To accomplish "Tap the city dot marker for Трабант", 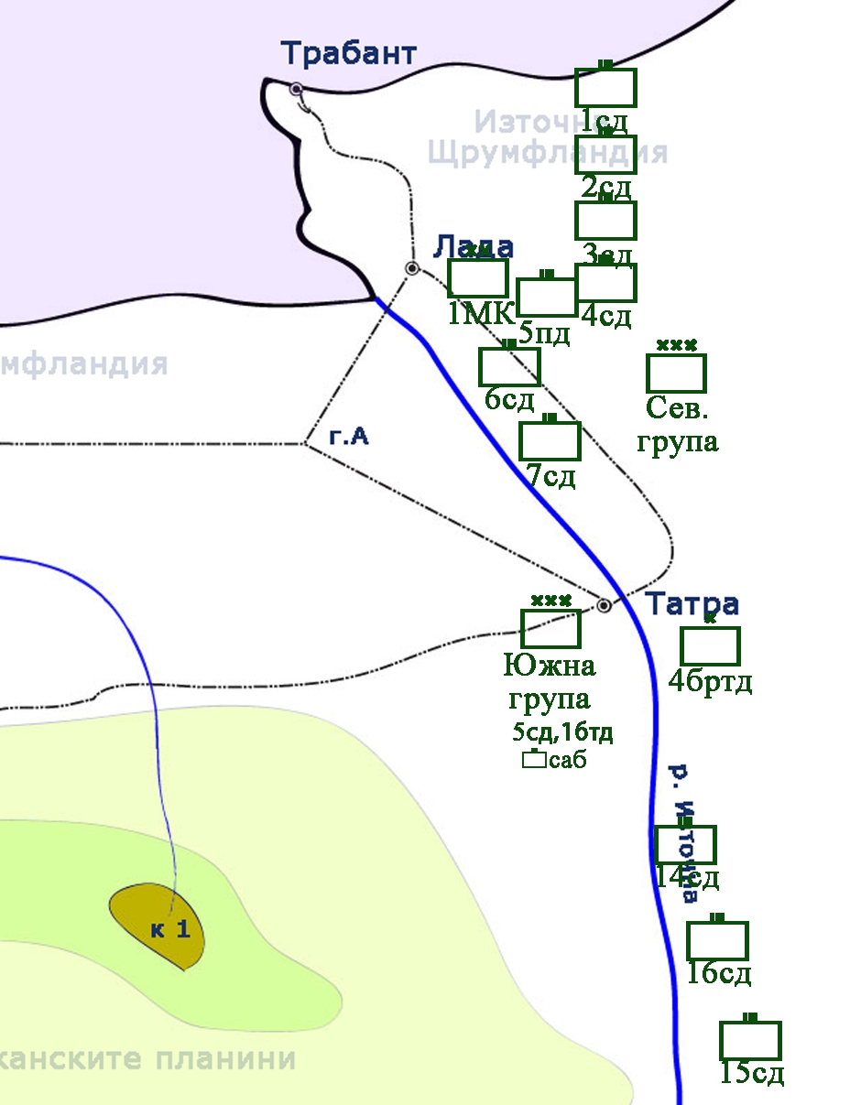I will coord(296,89).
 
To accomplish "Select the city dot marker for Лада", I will coord(412,268).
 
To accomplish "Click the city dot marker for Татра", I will coord(604,605).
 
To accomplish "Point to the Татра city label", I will coord(692,605).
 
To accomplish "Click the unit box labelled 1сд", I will coord(605,88).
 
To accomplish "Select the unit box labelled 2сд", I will coord(605,155).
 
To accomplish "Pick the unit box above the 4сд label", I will coord(605,283).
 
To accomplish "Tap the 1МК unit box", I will coord(477,278).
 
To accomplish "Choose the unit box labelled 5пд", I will coord(547,297).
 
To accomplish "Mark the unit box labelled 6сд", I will coord(510,367).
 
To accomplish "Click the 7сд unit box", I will coord(550,441).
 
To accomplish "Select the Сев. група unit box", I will coord(676,373).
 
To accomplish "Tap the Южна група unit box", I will coord(550,628).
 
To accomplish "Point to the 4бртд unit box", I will coord(710,645).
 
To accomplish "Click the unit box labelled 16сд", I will coord(717,941).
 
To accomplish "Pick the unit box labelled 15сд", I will coord(750,1041).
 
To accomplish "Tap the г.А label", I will coord(349,438).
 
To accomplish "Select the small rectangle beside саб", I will coord(533,759).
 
